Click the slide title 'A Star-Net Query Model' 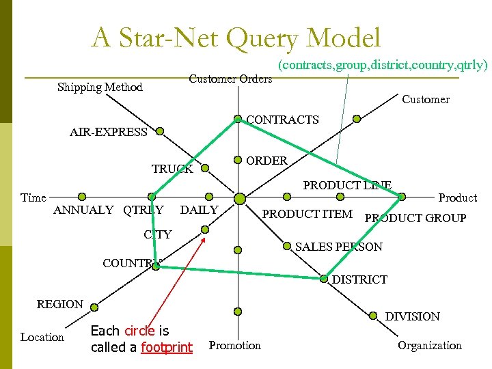pyautogui.click(x=236, y=38)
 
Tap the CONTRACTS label pyautogui.click(x=282, y=120)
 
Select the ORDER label pyautogui.click(x=266, y=161)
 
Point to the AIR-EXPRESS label pyautogui.click(x=109, y=132)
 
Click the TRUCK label pyautogui.click(x=172, y=169)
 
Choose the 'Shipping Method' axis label pyautogui.click(x=100, y=87)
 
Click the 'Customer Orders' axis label pyautogui.click(x=230, y=79)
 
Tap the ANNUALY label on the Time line pyautogui.click(x=83, y=210)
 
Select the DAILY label pyautogui.click(x=199, y=210)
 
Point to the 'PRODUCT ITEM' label pyautogui.click(x=307, y=215)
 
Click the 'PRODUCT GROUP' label pyautogui.click(x=415, y=218)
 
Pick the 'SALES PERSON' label pyautogui.click(x=339, y=247)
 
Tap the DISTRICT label pyautogui.click(x=359, y=279)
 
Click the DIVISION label pyautogui.click(x=413, y=316)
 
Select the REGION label pyautogui.click(x=60, y=304)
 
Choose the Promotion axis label pyautogui.click(x=235, y=345)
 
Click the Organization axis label pyautogui.click(x=430, y=345)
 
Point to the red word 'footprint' pyautogui.click(x=167, y=347)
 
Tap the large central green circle pyautogui.click(x=240, y=198)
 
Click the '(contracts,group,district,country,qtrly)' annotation pyautogui.click(x=382, y=66)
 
